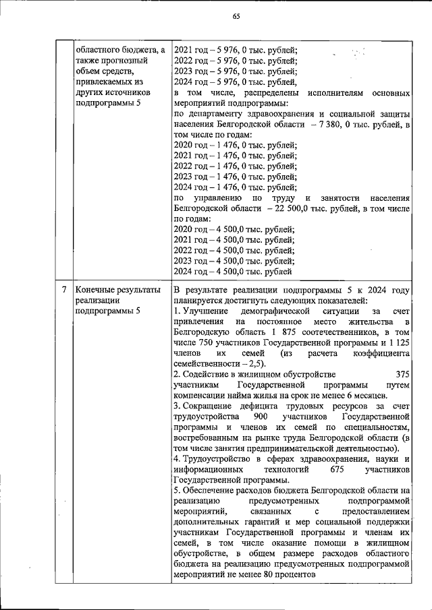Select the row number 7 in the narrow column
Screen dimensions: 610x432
point(63,290)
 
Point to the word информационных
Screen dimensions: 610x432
point(205,469)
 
